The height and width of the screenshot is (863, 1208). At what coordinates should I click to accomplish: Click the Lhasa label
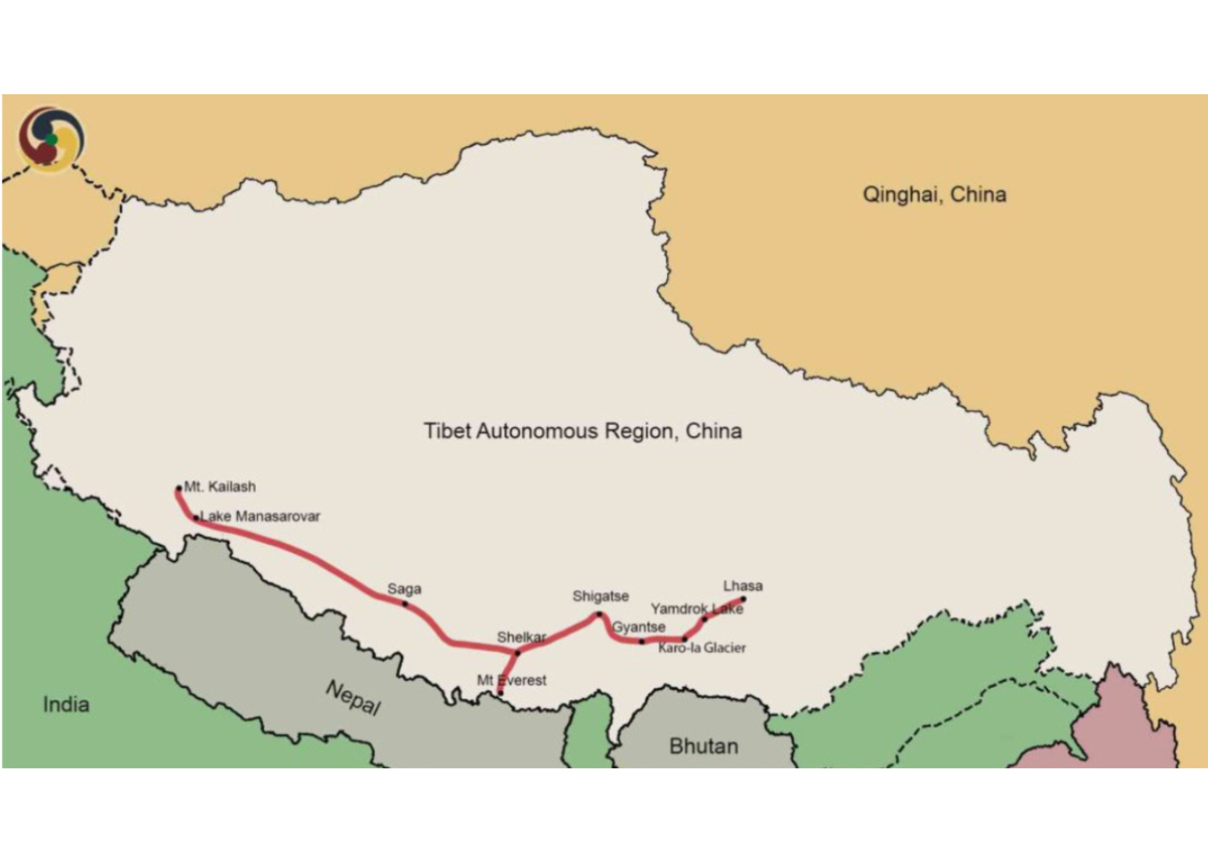742,586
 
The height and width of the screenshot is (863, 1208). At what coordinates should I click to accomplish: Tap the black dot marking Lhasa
743,600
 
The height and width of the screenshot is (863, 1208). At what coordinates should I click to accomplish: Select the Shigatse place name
600,597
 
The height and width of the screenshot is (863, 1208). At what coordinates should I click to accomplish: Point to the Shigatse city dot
599,614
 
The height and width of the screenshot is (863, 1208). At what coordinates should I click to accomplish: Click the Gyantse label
638,627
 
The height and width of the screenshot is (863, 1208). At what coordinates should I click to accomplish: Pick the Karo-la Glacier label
702,648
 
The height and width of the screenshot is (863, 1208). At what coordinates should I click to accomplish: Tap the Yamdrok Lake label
696,609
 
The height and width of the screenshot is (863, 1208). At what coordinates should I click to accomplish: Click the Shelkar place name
521,637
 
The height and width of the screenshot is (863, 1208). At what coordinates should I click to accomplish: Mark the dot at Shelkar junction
518,653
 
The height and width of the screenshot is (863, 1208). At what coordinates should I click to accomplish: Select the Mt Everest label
512,681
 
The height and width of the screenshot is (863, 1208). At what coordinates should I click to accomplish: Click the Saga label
404,589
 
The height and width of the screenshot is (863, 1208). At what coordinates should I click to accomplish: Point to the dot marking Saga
405,604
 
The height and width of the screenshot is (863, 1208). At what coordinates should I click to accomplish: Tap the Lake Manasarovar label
260,516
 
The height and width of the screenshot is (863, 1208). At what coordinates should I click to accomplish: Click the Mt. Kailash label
220,487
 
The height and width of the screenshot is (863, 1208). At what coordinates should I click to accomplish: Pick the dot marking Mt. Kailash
179,489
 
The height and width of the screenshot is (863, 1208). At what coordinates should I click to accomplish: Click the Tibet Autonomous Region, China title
582,431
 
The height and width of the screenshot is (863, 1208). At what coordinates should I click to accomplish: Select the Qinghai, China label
934,195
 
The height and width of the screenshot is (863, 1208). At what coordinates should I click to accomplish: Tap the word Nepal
353,698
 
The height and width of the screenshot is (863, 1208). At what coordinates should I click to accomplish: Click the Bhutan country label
704,746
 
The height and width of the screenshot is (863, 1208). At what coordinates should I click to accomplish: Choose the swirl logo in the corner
51,140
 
